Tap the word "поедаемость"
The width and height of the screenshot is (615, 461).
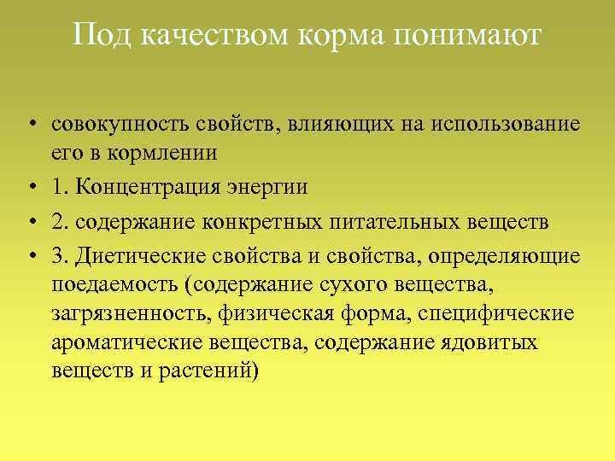(118, 284)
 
